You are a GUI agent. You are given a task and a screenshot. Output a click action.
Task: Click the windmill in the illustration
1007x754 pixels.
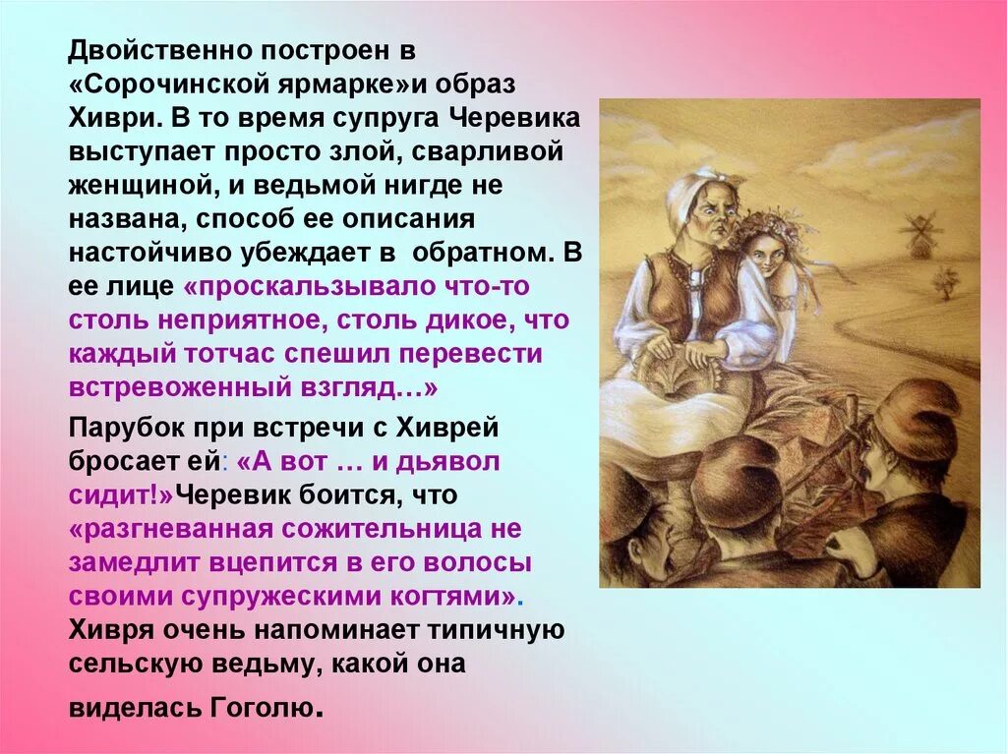(x=921, y=233)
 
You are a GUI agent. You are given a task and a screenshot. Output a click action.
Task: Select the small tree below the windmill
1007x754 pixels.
(x=946, y=284)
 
